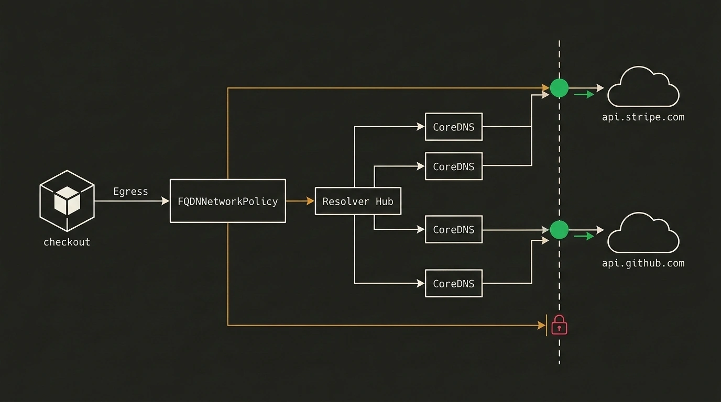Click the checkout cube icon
67,201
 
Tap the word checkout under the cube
67,242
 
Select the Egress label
130,192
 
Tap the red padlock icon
559,325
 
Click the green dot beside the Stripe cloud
559,88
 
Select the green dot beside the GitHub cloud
559,230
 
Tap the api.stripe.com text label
643,117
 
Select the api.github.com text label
643,263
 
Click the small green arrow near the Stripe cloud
584,94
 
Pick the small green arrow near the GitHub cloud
584,236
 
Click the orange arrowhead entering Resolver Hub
310,201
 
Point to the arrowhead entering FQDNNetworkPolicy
166,201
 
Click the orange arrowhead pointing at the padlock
541,325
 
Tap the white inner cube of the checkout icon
67,200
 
